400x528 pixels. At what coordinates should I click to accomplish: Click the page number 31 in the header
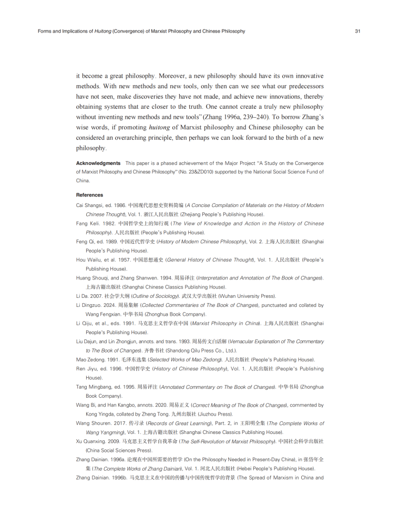(x=357, y=32)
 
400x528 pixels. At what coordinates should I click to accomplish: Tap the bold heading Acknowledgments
(x=98, y=163)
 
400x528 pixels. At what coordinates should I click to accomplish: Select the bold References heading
(x=90, y=195)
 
